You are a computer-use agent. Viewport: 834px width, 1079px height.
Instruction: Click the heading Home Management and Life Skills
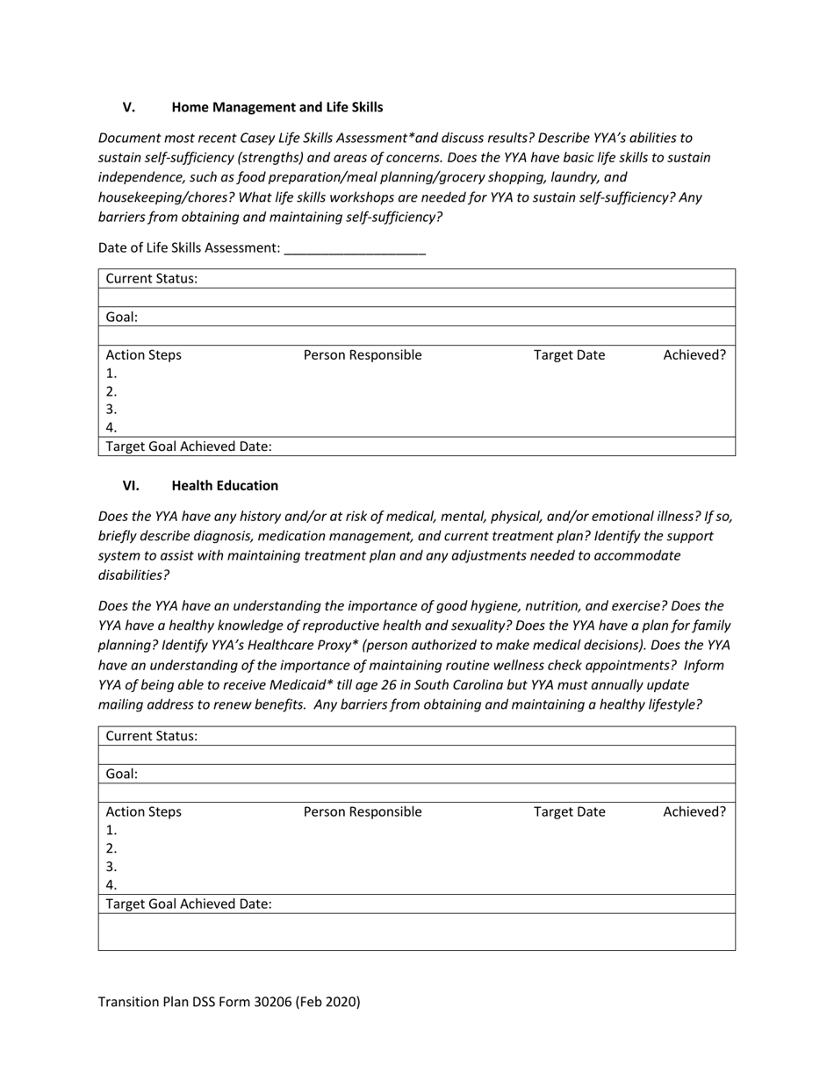[277, 108]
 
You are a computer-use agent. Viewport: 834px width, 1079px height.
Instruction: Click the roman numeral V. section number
[129, 108]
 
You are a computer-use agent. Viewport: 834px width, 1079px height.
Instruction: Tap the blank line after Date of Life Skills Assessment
[355, 249]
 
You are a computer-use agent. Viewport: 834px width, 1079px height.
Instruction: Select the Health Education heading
[225, 486]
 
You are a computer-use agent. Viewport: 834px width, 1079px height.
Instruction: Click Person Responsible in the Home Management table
[362, 355]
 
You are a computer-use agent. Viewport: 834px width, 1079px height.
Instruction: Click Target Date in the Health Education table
[569, 812]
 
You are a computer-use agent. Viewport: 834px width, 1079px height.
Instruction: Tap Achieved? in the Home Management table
[694, 355]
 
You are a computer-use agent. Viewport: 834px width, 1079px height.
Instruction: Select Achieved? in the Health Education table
[694, 812]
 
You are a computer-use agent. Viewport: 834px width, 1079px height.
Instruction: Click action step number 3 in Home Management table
[111, 410]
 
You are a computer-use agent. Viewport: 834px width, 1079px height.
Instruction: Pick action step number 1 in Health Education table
[111, 831]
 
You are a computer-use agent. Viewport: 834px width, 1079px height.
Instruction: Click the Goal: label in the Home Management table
[122, 318]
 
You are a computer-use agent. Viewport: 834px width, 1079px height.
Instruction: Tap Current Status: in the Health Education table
[151, 736]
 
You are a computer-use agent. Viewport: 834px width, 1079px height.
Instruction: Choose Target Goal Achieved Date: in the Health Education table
[189, 904]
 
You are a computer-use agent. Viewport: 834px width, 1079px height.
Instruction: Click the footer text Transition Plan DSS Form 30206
[229, 1002]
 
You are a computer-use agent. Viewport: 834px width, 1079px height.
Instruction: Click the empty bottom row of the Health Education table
[416, 933]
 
